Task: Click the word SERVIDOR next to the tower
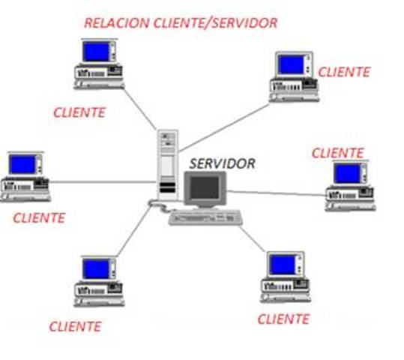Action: [x=222, y=163]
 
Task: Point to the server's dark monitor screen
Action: [x=205, y=188]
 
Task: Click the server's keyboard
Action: [x=207, y=217]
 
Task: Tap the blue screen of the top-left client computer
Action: [x=96, y=51]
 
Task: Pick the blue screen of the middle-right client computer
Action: [x=347, y=173]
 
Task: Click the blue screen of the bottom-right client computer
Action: [x=283, y=264]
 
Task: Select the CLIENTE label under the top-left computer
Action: [x=79, y=112]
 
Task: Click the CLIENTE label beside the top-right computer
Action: [x=344, y=72]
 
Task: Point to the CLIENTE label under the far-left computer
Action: [x=39, y=218]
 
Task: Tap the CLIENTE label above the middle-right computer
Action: [x=337, y=152]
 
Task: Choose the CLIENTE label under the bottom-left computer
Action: [x=75, y=326]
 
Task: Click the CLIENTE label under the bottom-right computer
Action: [x=283, y=319]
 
